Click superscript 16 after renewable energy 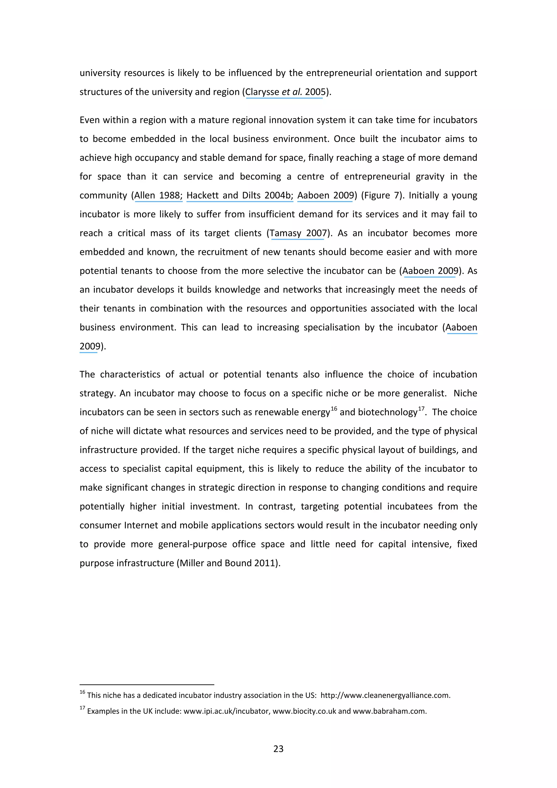click(334, 408)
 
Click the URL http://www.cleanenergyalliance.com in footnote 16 click(385, 695)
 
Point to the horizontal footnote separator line click(147, 685)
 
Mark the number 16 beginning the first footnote click(82, 692)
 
